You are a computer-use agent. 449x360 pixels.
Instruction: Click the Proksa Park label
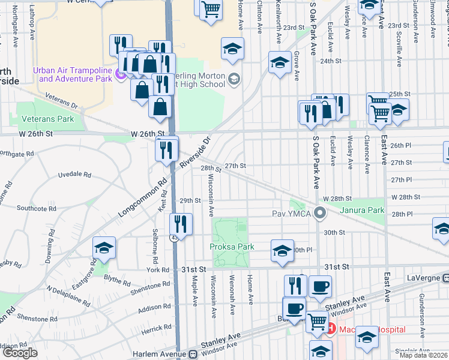coord(232,247)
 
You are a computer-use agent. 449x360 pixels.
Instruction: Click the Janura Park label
coord(361,210)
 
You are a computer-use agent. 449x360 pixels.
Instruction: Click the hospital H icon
coord(331,328)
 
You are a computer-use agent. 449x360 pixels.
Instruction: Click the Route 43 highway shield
coord(173,238)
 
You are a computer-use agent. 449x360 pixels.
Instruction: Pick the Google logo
coord(20,353)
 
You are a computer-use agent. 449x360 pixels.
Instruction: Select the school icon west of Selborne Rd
coord(104,248)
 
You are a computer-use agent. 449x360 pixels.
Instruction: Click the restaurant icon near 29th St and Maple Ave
coord(181,224)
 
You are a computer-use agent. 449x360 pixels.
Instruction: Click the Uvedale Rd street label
coord(74,175)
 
